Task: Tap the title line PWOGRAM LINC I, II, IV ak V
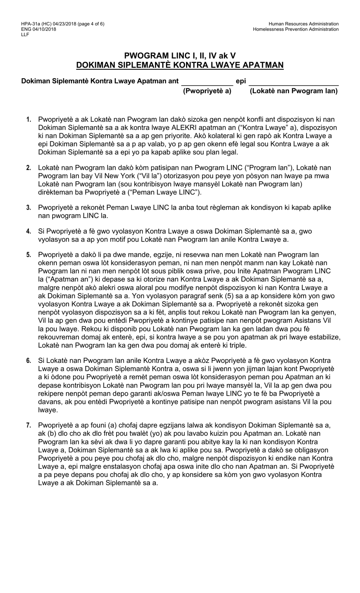[180, 56]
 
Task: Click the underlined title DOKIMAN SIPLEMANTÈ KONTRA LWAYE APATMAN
[180, 65]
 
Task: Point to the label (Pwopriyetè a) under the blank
[207, 91]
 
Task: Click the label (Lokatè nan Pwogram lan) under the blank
[293, 91]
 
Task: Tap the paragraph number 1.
[29, 120]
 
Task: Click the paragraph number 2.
[29, 168]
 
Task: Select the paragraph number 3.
[29, 208]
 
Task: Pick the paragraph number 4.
[29, 231]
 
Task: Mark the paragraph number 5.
[29, 255]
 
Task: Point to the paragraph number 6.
[29, 361]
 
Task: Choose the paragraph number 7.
[29, 425]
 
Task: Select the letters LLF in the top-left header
[25, 35]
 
